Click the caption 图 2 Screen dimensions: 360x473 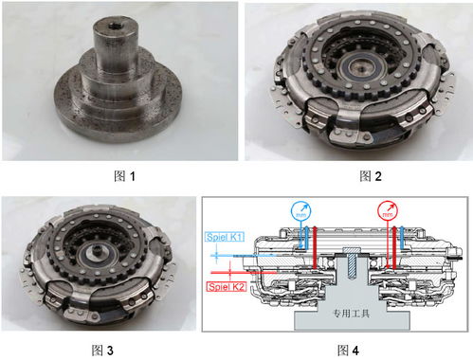(x=371, y=176)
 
